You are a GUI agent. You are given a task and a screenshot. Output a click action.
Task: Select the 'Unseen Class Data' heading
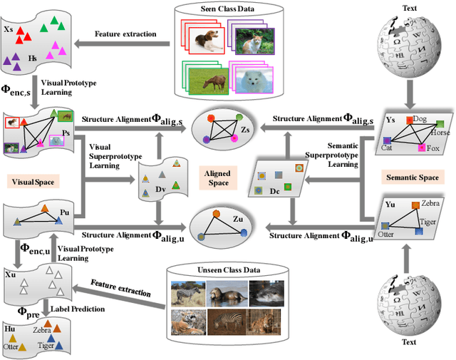[223, 270]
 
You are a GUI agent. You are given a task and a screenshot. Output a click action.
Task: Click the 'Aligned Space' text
[218, 178]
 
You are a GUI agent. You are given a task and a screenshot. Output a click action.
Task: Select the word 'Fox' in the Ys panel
[432, 148]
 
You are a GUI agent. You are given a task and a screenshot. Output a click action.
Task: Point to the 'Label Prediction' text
[77, 308]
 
